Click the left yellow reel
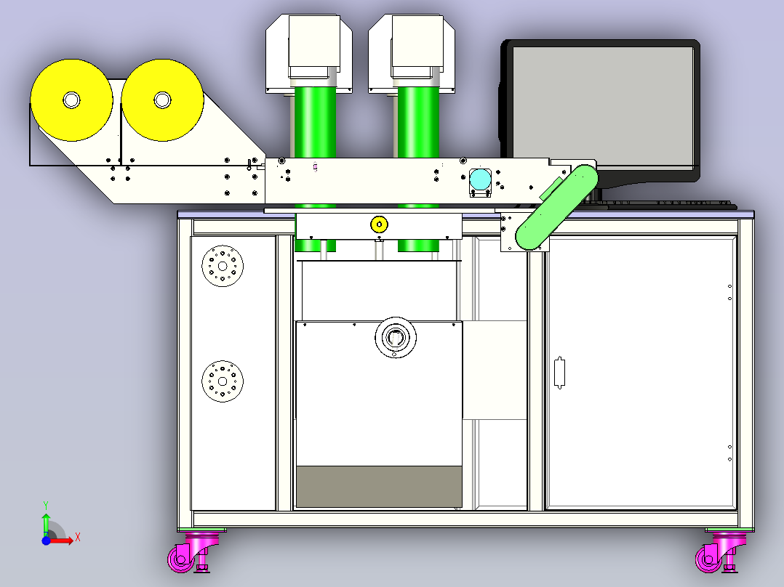[x=71, y=100]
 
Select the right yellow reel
[x=162, y=100]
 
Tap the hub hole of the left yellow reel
[x=71, y=100]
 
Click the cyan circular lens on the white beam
[x=481, y=180]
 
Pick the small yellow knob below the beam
[x=379, y=224]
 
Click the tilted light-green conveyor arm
[x=556, y=207]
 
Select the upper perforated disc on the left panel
[x=223, y=266]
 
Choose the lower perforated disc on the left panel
[x=223, y=381]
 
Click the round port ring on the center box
[x=396, y=337]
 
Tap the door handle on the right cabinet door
[x=559, y=372]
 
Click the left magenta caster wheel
[x=181, y=559]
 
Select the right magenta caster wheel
[x=709, y=559]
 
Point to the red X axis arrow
[x=62, y=541]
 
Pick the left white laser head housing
[x=309, y=54]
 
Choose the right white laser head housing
[x=412, y=54]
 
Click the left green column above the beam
[x=315, y=122]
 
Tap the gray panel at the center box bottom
[x=379, y=487]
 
